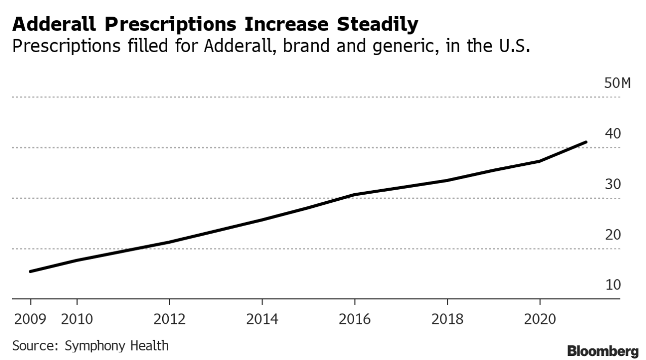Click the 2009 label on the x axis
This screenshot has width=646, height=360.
[x=30, y=320]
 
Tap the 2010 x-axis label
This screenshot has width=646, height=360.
[x=77, y=320]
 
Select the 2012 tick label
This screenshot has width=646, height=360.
[x=169, y=320]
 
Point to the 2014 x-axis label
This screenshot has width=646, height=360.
[x=262, y=320]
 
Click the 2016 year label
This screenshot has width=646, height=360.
[x=354, y=320]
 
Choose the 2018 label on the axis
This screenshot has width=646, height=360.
[x=447, y=320]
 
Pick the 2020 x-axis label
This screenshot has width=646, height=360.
[x=540, y=320]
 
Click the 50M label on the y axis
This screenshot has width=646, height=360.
[x=618, y=83]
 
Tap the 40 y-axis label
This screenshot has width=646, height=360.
[x=613, y=134]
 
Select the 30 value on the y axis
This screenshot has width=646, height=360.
[x=613, y=185]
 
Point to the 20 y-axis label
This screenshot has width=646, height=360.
[x=613, y=235]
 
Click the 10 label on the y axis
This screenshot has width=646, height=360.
[x=613, y=285]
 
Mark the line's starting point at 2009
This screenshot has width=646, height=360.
[x=30, y=271]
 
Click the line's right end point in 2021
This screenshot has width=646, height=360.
[x=586, y=142]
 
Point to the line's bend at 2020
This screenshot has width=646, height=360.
[x=540, y=161]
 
